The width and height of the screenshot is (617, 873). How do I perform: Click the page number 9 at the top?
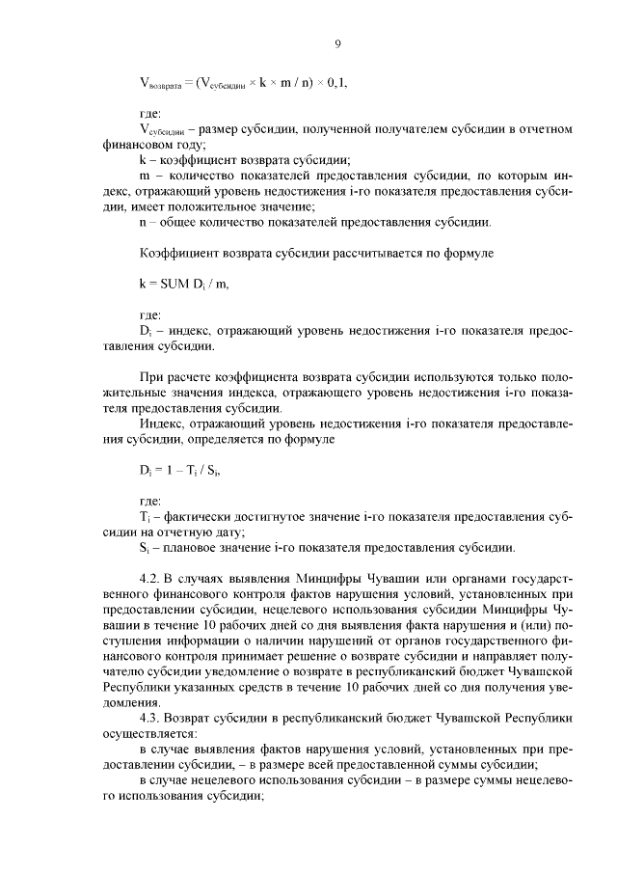click(x=337, y=43)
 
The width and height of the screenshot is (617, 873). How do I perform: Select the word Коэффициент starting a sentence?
click(x=178, y=253)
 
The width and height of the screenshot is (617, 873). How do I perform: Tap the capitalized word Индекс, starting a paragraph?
click(x=165, y=424)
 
